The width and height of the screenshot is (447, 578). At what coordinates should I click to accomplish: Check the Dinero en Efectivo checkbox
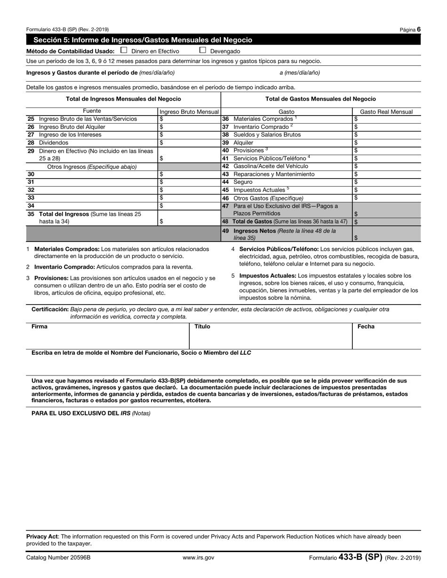[x=124, y=50]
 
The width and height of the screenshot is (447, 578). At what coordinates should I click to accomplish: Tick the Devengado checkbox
[x=203, y=50]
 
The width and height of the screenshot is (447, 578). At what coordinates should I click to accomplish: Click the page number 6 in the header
[x=418, y=29]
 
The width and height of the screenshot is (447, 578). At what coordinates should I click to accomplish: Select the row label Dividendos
[x=54, y=143]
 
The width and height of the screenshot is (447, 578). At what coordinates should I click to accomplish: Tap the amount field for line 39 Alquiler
[x=386, y=143]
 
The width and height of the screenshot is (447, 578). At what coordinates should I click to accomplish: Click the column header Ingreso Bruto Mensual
[x=189, y=112]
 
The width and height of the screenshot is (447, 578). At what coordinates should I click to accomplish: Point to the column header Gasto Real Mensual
[x=386, y=112]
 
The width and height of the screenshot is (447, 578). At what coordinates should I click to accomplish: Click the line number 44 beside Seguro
[x=225, y=182]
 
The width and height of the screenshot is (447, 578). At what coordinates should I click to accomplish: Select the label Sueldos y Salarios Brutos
[x=267, y=135]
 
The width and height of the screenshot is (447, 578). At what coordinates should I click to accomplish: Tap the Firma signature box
[x=108, y=337]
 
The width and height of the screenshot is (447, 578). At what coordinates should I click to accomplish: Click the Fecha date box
[x=386, y=337]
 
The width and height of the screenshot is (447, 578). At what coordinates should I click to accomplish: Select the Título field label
[x=202, y=327]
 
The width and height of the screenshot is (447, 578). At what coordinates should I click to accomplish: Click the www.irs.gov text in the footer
[x=199, y=558]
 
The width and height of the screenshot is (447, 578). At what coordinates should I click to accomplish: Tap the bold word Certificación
[x=50, y=309]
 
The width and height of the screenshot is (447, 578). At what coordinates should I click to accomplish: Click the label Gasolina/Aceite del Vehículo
[x=271, y=166]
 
